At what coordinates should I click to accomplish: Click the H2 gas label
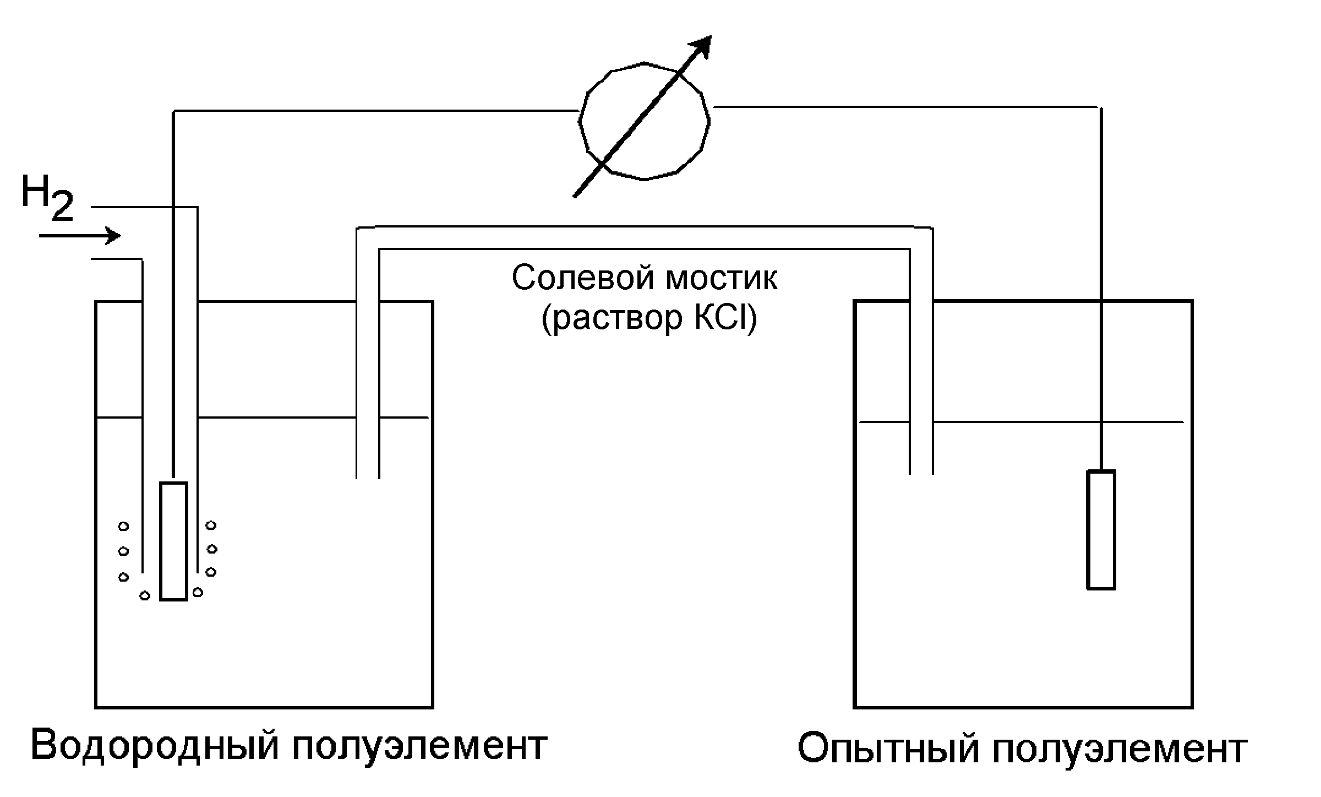[x=46, y=198]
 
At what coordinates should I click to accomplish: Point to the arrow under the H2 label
[x=80, y=236]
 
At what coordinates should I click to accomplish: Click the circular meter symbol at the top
[x=644, y=121]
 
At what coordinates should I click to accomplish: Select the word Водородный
[x=154, y=746]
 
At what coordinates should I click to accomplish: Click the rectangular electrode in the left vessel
[x=173, y=541]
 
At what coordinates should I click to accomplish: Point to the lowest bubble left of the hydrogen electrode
[x=145, y=595]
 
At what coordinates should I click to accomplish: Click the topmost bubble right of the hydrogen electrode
[x=211, y=525]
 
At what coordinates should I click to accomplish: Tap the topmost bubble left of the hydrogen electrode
[x=123, y=527]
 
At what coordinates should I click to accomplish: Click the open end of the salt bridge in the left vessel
[x=368, y=476]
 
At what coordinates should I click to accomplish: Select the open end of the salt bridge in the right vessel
[x=921, y=473]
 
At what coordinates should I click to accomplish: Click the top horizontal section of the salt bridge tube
[x=644, y=238]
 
